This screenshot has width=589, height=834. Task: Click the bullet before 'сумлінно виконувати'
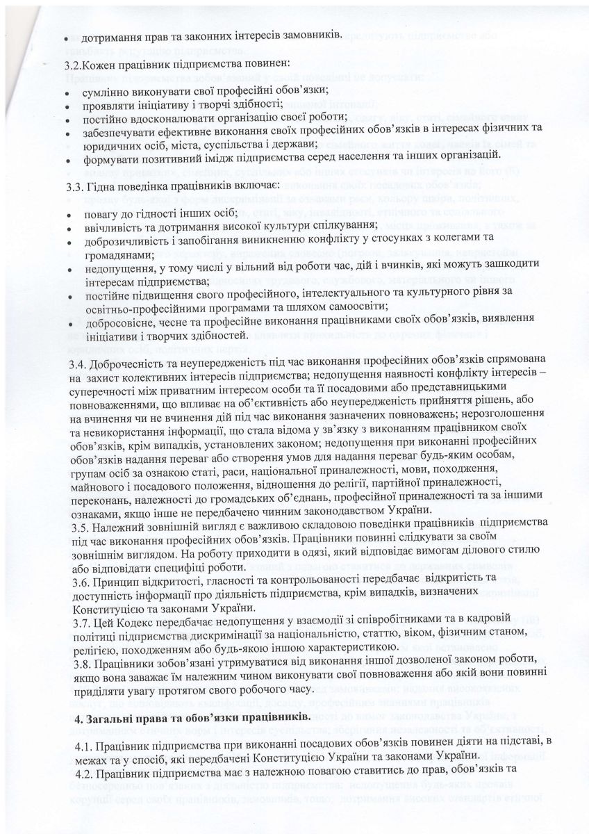tap(66, 92)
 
